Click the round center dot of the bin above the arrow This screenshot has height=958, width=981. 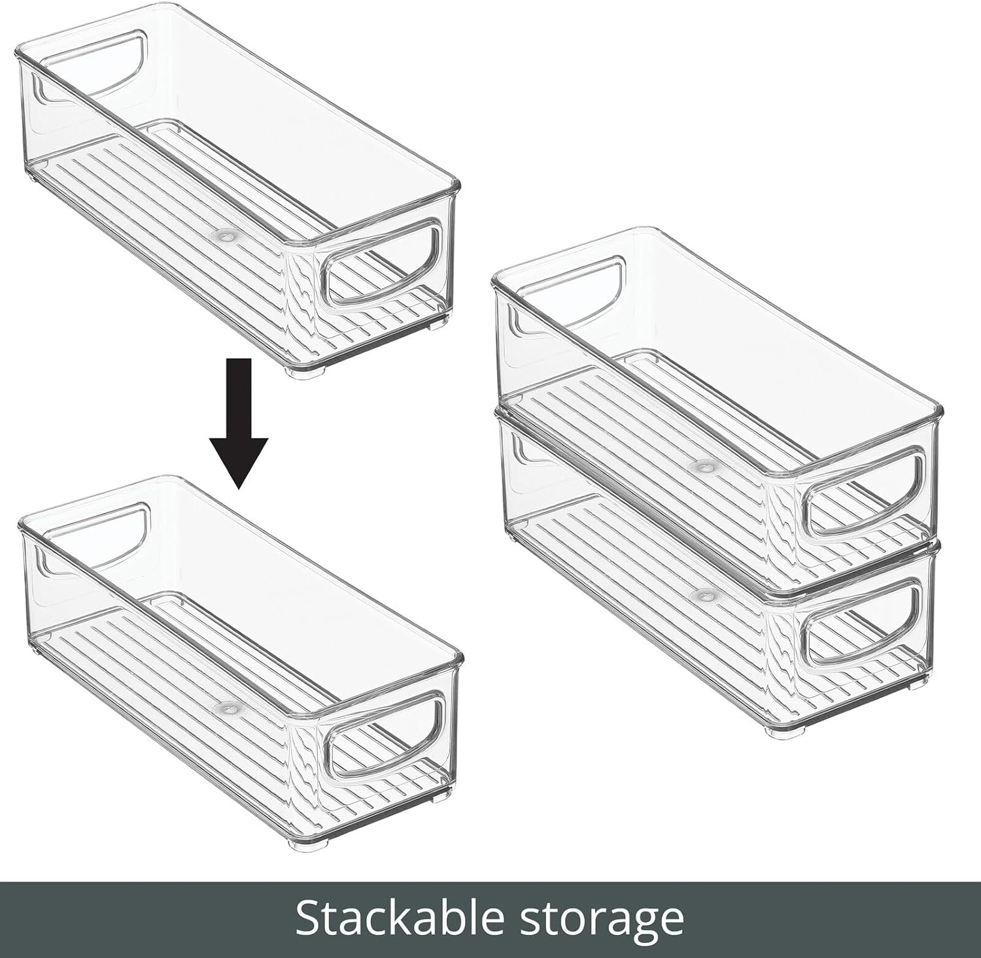click(226, 233)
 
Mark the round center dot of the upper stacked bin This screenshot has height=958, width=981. click(704, 467)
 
